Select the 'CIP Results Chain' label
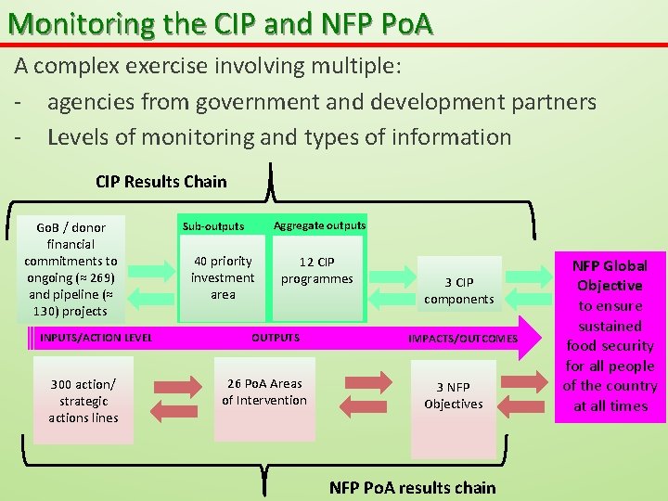(161, 182)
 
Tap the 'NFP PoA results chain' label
(412, 487)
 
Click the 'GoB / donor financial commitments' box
(71, 269)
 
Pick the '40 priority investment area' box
(223, 277)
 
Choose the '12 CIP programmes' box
(316, 270)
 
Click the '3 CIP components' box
(458, 290)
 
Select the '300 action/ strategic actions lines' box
(83, 401)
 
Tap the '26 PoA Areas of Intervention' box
(264, 392)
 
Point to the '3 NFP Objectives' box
(453, 395)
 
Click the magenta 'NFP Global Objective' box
(610, 336)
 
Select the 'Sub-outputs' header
(213, 226)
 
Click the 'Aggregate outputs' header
(319, 225)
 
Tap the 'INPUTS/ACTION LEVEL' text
(96, 338)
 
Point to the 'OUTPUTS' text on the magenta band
(276, 338)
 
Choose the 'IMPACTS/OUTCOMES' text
(463, 339)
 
